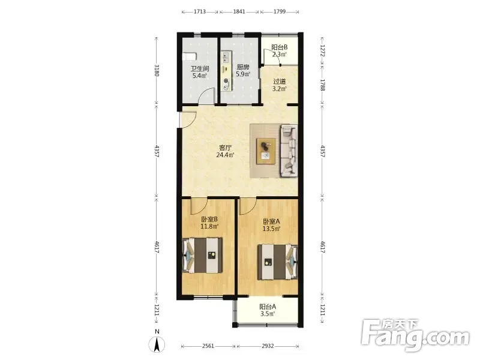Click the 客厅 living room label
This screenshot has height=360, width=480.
(226, 148)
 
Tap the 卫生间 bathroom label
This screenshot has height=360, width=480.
(200, 68)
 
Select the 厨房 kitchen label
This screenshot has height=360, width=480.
(243, 67)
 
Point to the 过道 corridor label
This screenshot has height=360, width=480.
(279, 82)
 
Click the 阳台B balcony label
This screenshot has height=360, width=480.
(280, 47)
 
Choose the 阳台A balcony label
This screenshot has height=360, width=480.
(268, 307)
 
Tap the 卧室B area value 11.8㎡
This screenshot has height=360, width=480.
(209, 227)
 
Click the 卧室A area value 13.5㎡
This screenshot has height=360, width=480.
(271, 229)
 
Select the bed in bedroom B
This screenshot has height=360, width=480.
(202, 256)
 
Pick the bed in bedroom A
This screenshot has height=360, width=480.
(278, 262)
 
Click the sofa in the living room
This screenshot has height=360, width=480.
(289, 151)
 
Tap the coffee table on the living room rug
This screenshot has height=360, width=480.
(266, 151)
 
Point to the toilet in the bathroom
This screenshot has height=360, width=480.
(189, 57)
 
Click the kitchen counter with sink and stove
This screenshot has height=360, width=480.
(226, 71)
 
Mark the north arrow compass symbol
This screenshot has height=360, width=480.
(157, 344)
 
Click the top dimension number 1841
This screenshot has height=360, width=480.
(239, 11)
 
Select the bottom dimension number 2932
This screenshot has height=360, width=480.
(268, 346)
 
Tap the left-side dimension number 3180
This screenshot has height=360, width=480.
(157, 70)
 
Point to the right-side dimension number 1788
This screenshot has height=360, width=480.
(322, 85)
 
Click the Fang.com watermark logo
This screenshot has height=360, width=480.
(415, 335)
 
